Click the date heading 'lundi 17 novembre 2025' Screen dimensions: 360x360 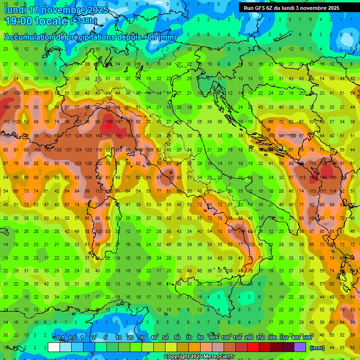pos(56,10)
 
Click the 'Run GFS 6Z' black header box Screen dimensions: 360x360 pos(292,8)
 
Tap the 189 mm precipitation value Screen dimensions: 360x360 pos(109,122)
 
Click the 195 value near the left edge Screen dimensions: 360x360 pos(7,107)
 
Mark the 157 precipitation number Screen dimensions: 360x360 pos(109,136)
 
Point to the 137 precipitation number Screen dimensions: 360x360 pos(68,150)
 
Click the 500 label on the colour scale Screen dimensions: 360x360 pos(307,337)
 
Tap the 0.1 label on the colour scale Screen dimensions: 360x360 pos(61,337)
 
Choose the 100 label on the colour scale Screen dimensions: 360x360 pos(225,337)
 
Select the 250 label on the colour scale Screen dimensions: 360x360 pos(261,337)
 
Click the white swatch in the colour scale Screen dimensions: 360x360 pos(54,347)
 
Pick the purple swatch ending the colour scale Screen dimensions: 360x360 pos(300,347)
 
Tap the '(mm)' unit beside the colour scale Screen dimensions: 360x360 pos(317,348)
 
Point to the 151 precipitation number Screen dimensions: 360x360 pos(120,136)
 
